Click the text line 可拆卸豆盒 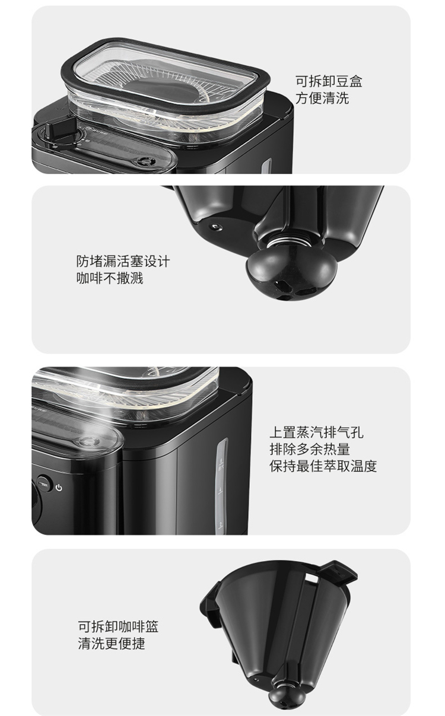coord(328,81)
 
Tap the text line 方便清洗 coord(322,98)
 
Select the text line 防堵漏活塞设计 coord(123,261)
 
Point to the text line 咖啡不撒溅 coord(110,278)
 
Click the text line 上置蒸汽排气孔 coord(316,432)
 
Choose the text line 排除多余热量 coord(310,449)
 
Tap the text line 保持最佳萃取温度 coord(323,466)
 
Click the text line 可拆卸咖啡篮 coord(118,626)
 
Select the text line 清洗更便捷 coord(112,643)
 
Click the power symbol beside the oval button coord(59,488)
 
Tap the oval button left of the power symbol coord(44,483)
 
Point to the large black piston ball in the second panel coord(291,273)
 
